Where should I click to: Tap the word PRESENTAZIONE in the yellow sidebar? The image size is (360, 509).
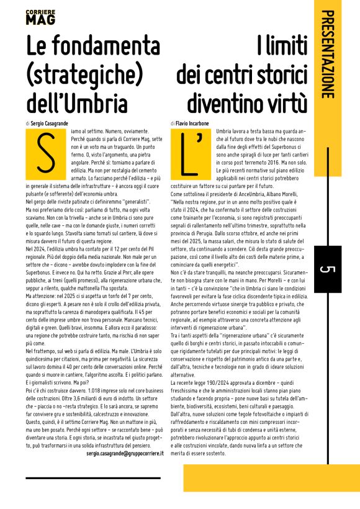click(330, 54)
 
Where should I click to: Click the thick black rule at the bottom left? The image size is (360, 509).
click(93, 477)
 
